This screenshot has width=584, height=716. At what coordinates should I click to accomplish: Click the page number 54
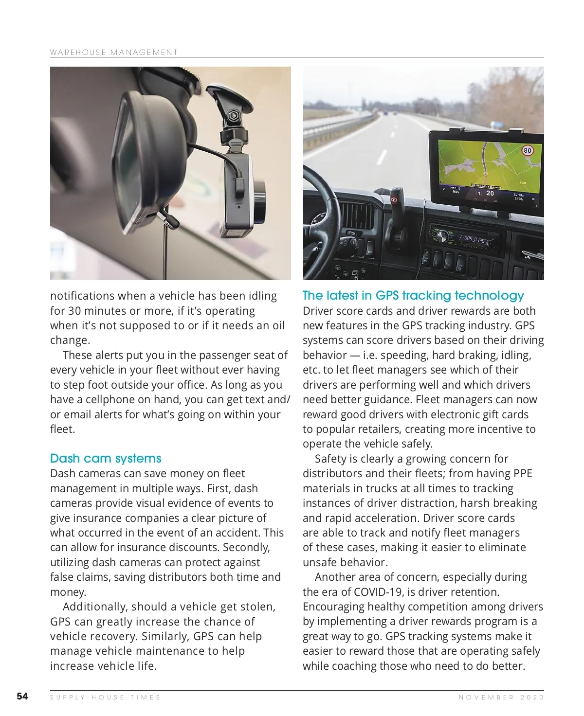click(22, 696)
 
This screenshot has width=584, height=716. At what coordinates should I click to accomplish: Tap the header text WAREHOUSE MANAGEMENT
click(114, 52)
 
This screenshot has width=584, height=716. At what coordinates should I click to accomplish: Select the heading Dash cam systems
click(106, 458)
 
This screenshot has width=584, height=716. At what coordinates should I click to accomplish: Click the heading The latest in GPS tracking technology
click(413, 295)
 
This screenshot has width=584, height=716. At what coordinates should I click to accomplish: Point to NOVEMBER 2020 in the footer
click(501, 697)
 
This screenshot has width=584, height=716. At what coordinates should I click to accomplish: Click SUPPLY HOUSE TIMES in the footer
click(105, 697)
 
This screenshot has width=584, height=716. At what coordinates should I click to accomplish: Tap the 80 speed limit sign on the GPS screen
click(528, 150)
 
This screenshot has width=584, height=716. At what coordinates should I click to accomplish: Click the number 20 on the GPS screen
click(490, 193)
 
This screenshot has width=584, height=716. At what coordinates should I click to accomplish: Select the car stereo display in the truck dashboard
click(472, 239)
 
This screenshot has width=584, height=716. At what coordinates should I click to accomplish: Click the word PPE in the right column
click(523, 473)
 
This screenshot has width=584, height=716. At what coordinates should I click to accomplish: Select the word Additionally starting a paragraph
click(94, 607)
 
